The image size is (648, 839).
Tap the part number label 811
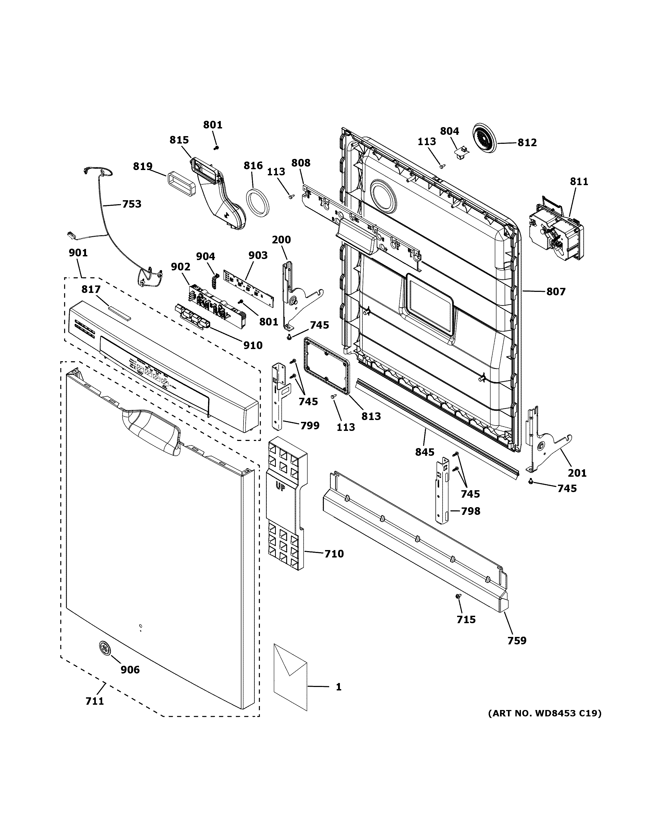click(579, 181)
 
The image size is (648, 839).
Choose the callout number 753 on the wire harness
click(132, 204)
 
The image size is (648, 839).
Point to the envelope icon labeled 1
click(291, 676)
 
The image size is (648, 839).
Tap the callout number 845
click(425, 452)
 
